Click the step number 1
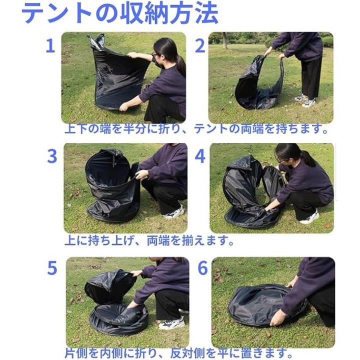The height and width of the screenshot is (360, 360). pyautogui.click(x=50, y=46)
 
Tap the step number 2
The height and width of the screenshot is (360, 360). pyautogui.click(x=199, y=46)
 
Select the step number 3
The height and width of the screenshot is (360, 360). pyautogui.click(x=52, y=156)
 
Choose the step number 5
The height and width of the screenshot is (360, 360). pyautogui.click(x=52, y=267)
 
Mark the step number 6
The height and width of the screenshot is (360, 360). pyautogui.click(x=202, y=267)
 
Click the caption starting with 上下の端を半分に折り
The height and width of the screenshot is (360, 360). pyautogui.click(x=196, y=129)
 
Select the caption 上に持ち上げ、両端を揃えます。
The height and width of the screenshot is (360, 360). pyautogui.click(x=149, y=240)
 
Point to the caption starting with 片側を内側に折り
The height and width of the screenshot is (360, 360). pyautogui.click(x=179, y=353)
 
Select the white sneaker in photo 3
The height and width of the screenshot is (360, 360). pyautogui.click(x=174, y=212)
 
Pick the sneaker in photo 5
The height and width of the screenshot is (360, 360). pyautogui.click(x=171, y=323)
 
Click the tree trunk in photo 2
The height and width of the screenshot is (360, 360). pyautogui.click(x=225, y=40)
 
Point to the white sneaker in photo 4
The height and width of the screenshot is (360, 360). pyautogui.click(x=309, y=217)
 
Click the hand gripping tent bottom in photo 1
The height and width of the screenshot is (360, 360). pyautogui.click(x=124, y=106)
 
